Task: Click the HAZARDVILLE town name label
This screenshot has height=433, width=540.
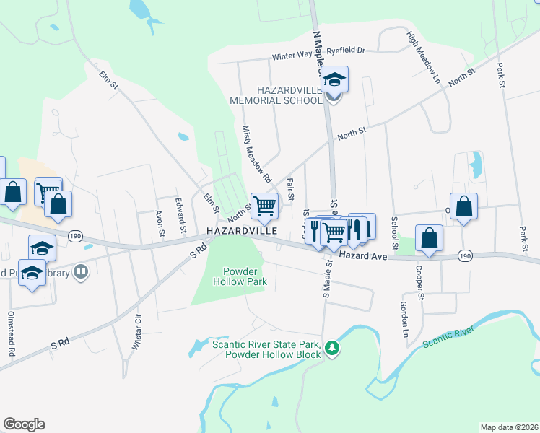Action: [x=243, y=232]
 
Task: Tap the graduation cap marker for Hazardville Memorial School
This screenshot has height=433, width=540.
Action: [x=334, y=79]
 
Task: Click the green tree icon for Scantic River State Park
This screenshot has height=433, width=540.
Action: [x=331, y=349]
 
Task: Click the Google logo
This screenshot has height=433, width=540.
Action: [x=24, y=424]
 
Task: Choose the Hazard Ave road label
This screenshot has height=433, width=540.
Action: [x=358, y=255]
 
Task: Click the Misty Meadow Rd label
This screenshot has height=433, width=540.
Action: [x=256, y=154]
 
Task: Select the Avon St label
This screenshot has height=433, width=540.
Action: [x=160, y=222]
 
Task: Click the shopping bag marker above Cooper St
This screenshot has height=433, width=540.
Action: [x=429, y=237]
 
